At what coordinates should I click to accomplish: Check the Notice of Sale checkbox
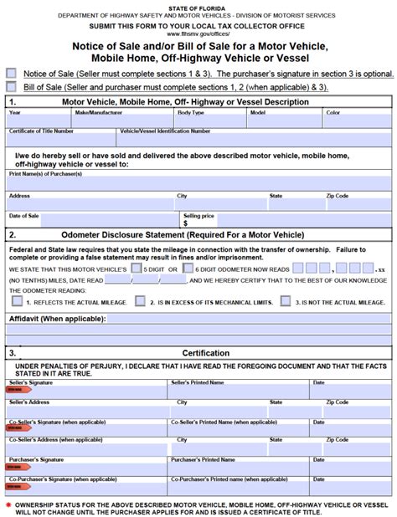(x=11, y=74)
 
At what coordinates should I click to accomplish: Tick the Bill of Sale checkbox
(x=11, y=86)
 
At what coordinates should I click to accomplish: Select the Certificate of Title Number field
(x=62, y=141)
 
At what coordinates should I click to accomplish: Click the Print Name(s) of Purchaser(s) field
(x=198, y=183)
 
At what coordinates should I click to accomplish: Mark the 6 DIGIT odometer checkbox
(x=188, y=269)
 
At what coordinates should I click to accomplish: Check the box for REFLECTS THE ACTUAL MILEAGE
(x=14, y=301)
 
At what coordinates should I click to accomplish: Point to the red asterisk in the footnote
(x=8, y=505)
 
